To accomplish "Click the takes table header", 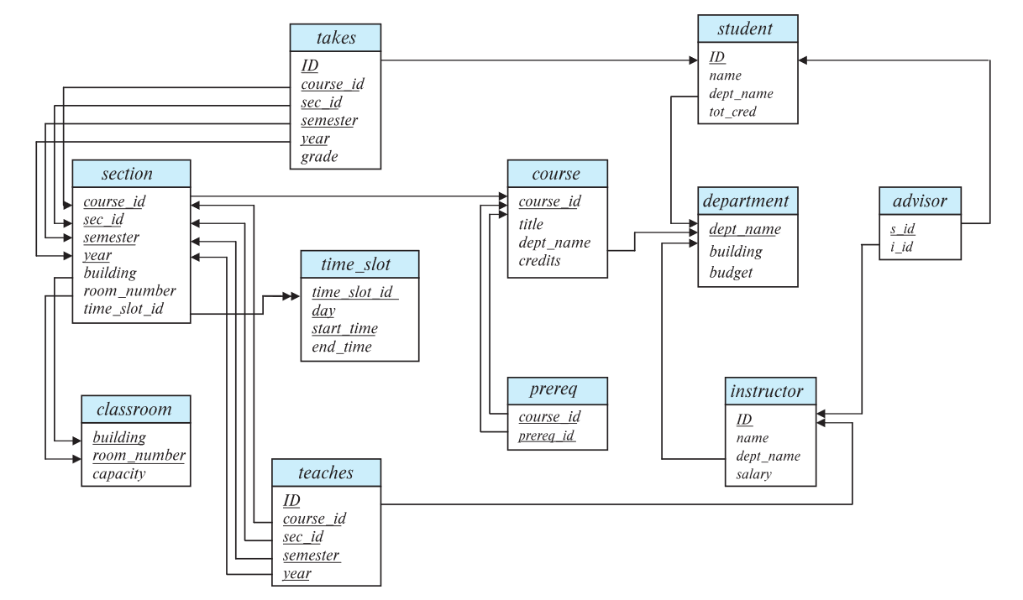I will tap(335, 38).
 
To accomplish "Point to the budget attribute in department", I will tap(732, 274).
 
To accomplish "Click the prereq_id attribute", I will tap(547, 435).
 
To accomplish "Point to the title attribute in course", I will tap(532, 224).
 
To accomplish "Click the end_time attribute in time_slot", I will tap(341, 346).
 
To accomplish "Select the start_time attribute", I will tap(344, 327).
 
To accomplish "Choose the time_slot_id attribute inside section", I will tap(123, 310).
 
